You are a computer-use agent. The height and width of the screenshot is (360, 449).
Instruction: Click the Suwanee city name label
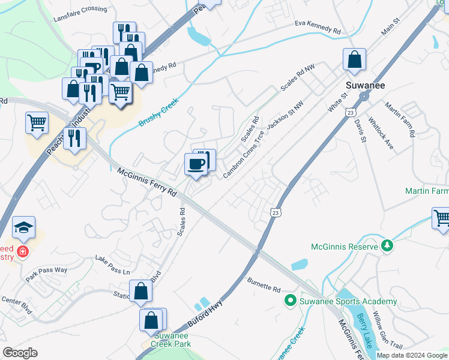click(x=364, y=85)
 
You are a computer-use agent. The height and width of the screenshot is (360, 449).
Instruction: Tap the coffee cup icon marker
click(x=196, y=164)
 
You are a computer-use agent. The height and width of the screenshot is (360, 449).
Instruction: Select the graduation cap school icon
click(x=23, y=228)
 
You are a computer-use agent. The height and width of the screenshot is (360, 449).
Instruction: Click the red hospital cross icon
click(x=23, y=251)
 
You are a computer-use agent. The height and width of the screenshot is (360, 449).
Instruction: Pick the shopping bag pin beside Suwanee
click(x=355, y=60)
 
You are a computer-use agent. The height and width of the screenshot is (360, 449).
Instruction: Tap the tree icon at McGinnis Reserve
click(x=388, y=245)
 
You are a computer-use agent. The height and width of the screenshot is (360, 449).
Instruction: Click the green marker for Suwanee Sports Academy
click(x=291, y=301)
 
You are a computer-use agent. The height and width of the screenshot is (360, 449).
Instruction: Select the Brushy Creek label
click(x=159, y=112)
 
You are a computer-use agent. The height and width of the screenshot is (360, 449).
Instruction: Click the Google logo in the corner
click(x=20, y=353)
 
